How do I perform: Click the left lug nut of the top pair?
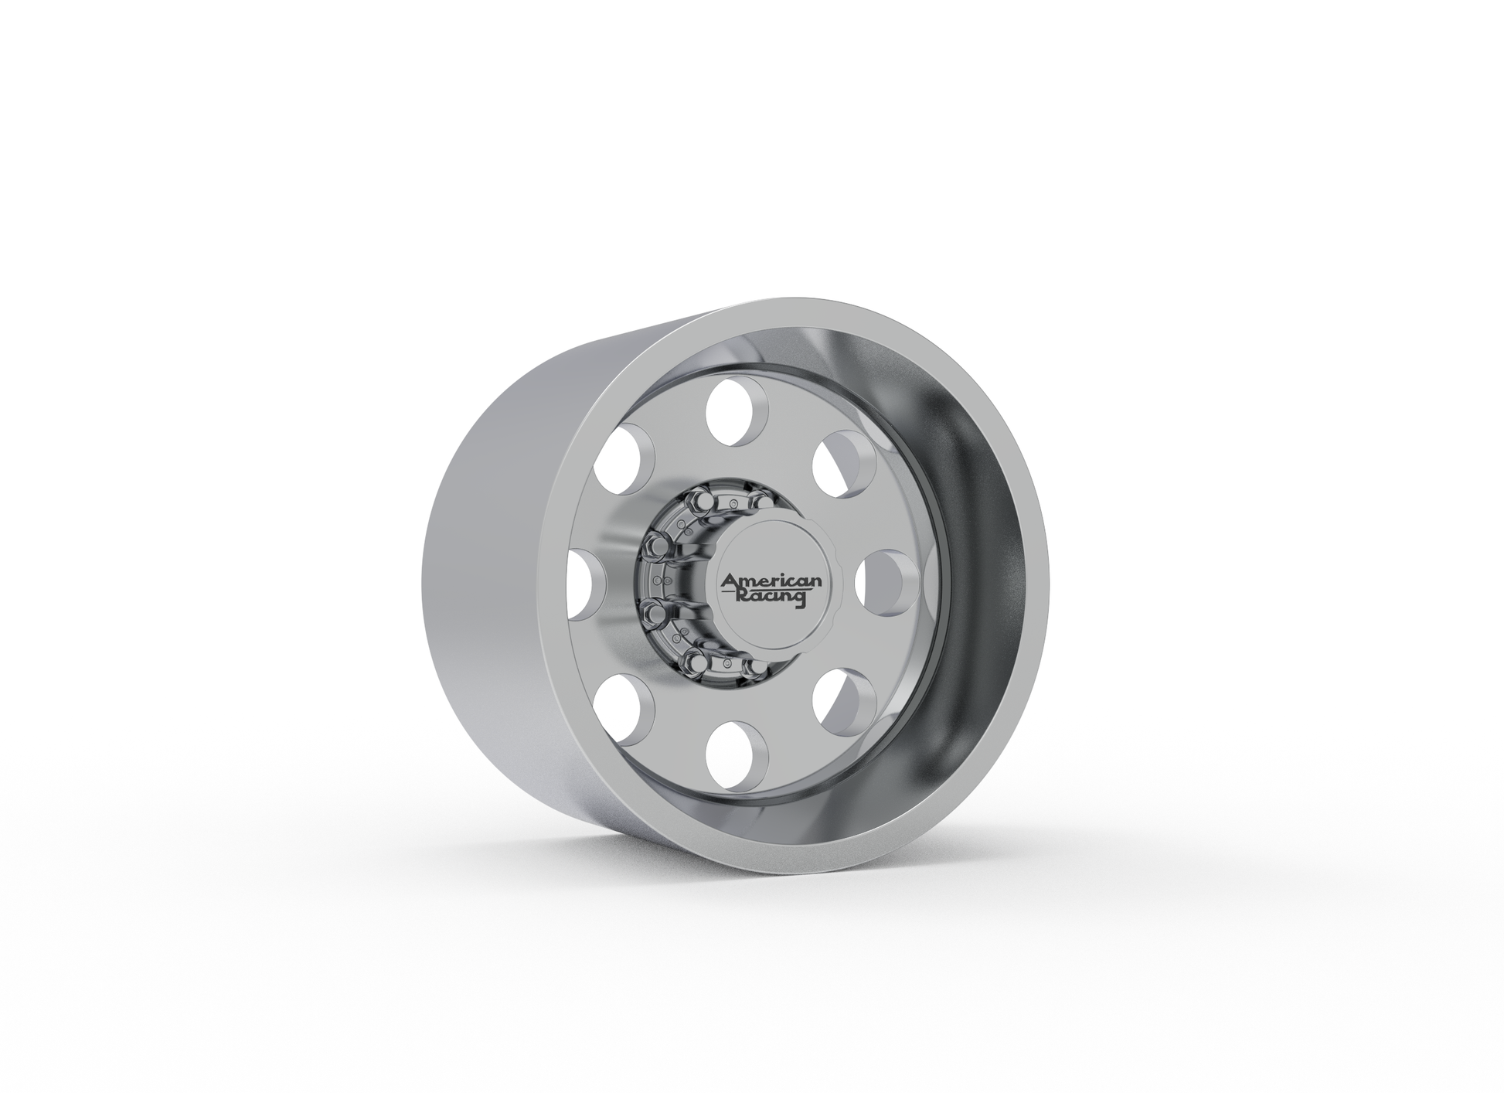pyautogui.click(x=705, y=502)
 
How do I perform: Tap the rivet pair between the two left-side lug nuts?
pyautogui.click(x=657, y=580)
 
